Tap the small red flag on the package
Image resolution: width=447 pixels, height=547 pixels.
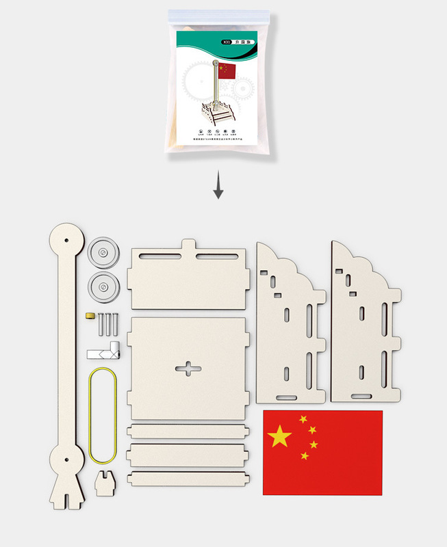pyautogui.click(x=227, y=70)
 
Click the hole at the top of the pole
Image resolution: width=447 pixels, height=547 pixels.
pyautogui.click(x=66, y=241)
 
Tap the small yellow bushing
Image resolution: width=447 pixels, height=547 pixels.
pyautogui.click(x=89, y=315)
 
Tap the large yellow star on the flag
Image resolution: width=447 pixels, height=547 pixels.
pyautogui.click(x=279, y=436)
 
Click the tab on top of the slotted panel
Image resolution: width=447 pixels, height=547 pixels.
pyautogui.click(x=189, y=244)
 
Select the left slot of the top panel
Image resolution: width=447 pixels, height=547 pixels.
pyautogui.click(x=158, y=257)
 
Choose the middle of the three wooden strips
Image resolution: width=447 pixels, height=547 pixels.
pyautogui.click(x=186, y=454)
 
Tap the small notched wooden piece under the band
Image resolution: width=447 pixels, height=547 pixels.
pyautogui.click(x=103, y=482)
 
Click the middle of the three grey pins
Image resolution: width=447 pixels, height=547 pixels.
pyautogui.click(x=107, y=323)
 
